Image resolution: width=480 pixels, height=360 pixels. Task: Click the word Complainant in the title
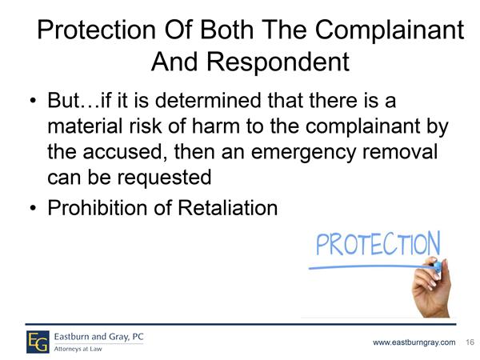pos(390,30)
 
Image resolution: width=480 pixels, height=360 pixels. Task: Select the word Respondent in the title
pos(278,62)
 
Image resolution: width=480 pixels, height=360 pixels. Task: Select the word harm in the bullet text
pos(215,126)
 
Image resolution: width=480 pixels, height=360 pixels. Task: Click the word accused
pos(122,152)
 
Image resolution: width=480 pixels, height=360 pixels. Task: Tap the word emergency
pos(304,153)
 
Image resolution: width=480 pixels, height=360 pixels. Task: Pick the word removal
pos(400,151)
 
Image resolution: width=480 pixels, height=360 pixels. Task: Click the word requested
pos(165,178)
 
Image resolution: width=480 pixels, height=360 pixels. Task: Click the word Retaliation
pos(227,208)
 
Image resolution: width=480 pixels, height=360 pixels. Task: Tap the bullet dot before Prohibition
pos(33,208)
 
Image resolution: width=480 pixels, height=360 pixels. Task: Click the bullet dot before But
pos(33,101)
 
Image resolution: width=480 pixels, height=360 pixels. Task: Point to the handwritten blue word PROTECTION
pos(378,244)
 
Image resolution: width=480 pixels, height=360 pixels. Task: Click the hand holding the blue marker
pos(431,288)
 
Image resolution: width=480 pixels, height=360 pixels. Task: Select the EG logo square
pos(38,342)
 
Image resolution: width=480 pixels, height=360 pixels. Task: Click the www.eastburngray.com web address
pos(414,342)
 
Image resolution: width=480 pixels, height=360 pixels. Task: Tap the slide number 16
pos(470,342)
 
